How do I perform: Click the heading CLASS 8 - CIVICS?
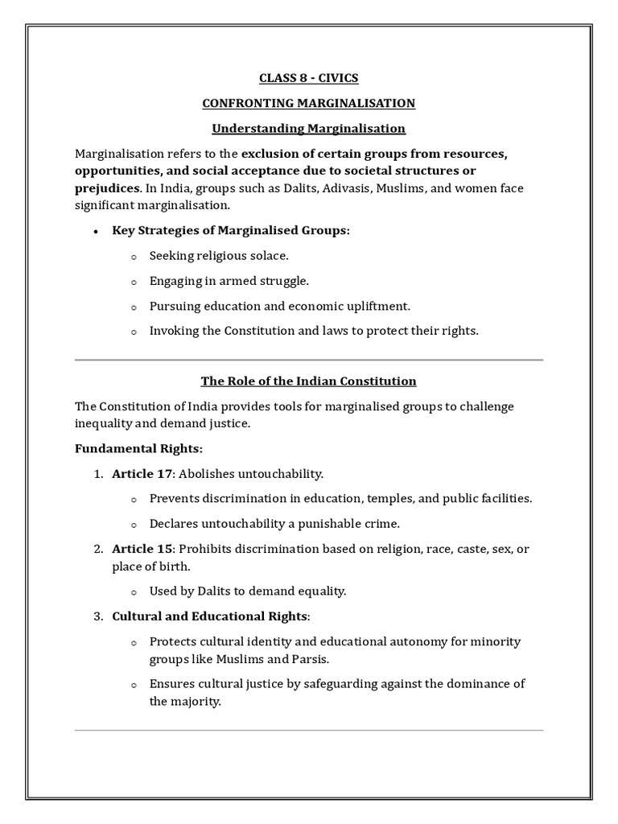[x=308, y=78]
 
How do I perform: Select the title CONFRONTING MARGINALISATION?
[x=308, y=103]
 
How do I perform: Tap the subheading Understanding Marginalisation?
[x=308, y=129]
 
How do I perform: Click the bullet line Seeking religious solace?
[x=219, y=256]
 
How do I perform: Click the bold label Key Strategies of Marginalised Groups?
[x=231, y=231]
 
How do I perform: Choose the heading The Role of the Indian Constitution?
[x=308, y=381]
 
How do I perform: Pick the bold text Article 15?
[x=142, y=549]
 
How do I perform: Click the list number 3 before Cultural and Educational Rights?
[x=97, y=616]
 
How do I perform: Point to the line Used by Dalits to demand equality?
[x=248, y=591]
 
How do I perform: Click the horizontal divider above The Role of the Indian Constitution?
[x=308, y=360]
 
